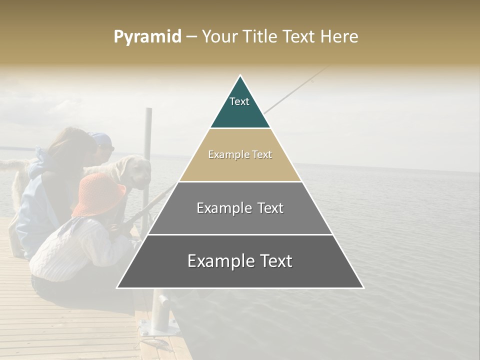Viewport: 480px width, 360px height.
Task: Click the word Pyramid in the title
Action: tap(147, 36)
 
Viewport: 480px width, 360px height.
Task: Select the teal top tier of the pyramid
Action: tap(240, 107)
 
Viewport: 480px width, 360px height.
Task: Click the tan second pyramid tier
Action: tap(240, 167)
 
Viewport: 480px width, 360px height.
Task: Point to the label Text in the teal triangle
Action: tap(239, 101)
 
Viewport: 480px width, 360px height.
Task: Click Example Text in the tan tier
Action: tap(240, 154)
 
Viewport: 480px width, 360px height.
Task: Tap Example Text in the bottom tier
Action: tap(240, 261)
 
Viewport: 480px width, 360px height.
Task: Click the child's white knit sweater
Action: tap(75, 247)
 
